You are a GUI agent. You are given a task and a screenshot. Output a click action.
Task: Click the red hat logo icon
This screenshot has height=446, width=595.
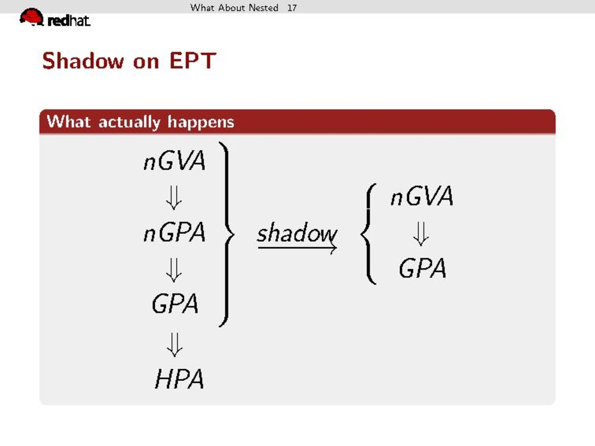tap(32, 17)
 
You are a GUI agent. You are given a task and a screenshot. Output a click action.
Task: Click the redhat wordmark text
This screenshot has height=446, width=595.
tap(69, 21)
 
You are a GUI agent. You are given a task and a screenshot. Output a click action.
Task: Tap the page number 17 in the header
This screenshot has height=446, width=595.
tap(292, 7)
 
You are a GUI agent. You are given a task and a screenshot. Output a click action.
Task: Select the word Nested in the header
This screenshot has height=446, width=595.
tap(264, 7)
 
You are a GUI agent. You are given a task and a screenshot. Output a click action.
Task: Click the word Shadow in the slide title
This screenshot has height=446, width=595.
tap(83, 60)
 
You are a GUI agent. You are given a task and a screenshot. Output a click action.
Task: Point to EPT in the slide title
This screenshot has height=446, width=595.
tap(193, 60)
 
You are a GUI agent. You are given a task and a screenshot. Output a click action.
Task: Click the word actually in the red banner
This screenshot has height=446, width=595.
tap(129, 123)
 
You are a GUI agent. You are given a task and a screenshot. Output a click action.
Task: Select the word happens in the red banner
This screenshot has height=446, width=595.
tap(201, 123)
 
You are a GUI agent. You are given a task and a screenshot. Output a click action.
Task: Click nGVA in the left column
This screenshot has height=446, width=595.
tap(175, 161)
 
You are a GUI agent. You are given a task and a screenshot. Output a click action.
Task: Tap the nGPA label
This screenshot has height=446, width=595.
tap(175, 232)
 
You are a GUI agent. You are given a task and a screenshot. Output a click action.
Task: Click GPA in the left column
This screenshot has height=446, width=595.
tap(175, 304)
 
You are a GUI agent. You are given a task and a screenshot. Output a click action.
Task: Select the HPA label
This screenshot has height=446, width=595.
tap(179, 379)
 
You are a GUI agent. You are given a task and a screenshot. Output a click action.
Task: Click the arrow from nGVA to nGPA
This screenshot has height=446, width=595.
tap(174, 197)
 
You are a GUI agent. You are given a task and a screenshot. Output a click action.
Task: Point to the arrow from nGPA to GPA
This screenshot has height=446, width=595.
tap(174, 270)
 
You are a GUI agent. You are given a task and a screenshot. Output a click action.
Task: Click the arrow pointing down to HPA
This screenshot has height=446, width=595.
tap(175, 344)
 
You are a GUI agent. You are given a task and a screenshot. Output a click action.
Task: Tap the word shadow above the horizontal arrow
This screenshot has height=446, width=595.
tap(297, 233)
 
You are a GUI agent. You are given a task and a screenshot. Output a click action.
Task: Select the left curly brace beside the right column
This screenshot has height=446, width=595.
tap(366, 234)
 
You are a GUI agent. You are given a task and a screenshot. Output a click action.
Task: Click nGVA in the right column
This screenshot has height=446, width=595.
tap(422, 196)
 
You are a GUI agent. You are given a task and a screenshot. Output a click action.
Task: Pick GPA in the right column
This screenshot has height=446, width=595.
tap(422, 268)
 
